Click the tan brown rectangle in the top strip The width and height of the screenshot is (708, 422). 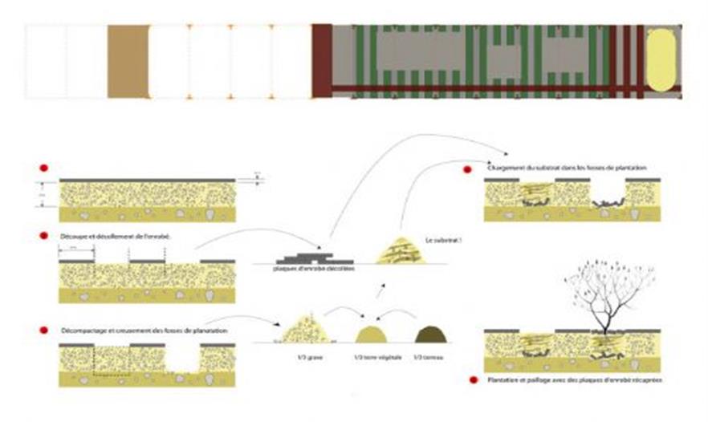tap(128, 62)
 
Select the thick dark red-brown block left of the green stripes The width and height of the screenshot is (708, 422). tap(322, 61)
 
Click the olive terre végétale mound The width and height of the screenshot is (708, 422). tap(371, 335)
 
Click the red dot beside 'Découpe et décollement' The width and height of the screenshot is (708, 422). tap(42, 236)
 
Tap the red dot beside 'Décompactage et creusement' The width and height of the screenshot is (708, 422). tap(42, 331)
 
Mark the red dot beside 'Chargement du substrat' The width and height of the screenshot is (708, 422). tap(468, 169)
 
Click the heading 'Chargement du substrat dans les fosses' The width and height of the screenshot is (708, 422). tap(567, 168)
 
